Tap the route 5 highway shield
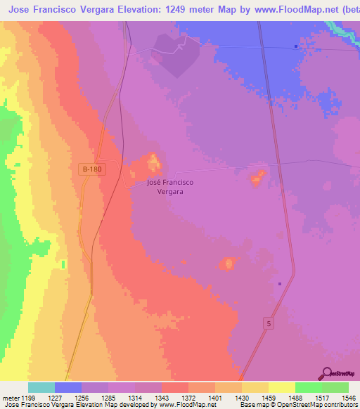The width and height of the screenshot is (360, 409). pos(268,323)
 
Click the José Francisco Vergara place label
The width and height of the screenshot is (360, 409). pos(170,187)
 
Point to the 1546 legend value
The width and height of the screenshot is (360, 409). pos(349,398)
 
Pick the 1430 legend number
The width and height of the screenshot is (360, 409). pos(242,398)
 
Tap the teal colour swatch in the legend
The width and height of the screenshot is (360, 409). pos(41,387)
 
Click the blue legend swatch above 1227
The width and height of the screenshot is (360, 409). pos(68,387)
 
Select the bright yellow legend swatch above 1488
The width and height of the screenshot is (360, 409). pos(282,387)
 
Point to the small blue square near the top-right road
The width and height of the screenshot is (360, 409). pos(297,47)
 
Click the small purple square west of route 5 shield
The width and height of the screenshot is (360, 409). pos(280,284)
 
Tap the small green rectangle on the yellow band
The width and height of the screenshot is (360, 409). pos(63,264)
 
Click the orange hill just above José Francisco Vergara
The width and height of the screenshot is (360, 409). pos(153,164)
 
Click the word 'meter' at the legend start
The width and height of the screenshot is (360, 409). pos(12,398)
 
